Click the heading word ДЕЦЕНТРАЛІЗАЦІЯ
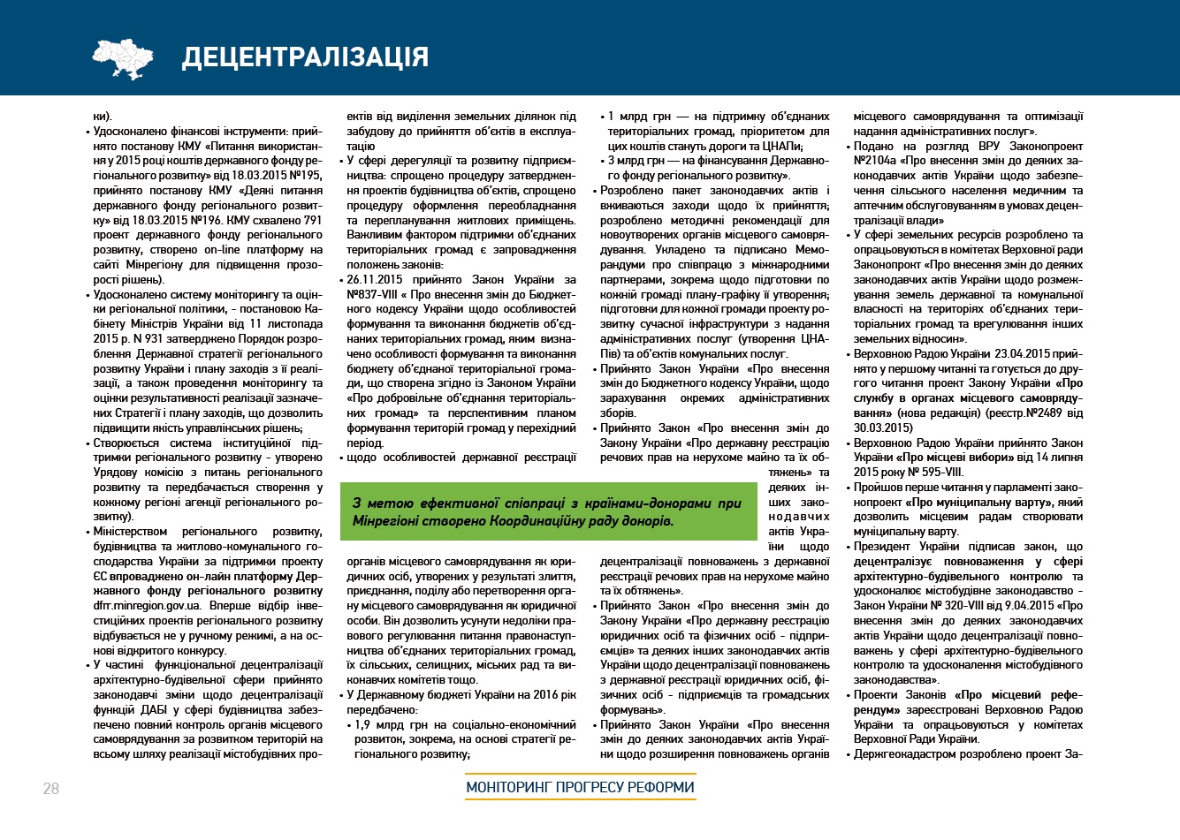(305, 57)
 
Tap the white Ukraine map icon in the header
(129, 58)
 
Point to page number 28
(51, 789)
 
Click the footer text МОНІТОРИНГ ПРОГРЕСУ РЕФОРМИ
(581, 787)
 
